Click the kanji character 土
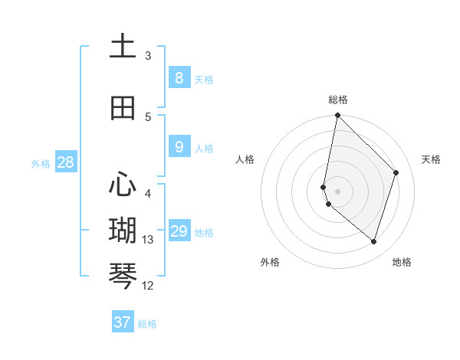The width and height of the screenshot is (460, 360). click(x=123, y=47)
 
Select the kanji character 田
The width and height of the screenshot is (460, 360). click(x=123, y=108)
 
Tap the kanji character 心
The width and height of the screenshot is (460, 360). click(x=123, y=185)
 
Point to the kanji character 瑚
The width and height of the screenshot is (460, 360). click(x=123, y=230)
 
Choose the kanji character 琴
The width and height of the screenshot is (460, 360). click(x=123, y=275)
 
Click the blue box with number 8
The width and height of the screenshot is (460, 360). click(x=179, y=77)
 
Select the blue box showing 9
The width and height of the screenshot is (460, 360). click(x=179, y=147)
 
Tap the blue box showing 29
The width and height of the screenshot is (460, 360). click(x=179, y=231)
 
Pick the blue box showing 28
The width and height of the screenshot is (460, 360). click(x=65, y=162)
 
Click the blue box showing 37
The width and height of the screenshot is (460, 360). click(x=123, y=322)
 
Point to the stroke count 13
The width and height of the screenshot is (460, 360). click(x=148, y=240)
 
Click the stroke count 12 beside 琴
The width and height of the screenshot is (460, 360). click(x=148, y=286)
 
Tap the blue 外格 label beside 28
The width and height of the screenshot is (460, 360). click(x=41, y=163)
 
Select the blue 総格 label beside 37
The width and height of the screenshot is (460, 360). click(x=147, y=324)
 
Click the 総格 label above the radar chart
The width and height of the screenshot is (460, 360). click(x=338, y=100)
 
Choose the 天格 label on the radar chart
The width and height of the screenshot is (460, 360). click(x=431, y=159)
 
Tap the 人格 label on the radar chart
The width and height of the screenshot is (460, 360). click(x=245, y=159)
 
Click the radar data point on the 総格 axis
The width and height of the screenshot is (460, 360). click(x=338, y=115)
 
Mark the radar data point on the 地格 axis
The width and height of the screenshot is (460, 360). click(x=373, y=242)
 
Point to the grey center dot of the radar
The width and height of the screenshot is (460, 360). click(x=338, y=191)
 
